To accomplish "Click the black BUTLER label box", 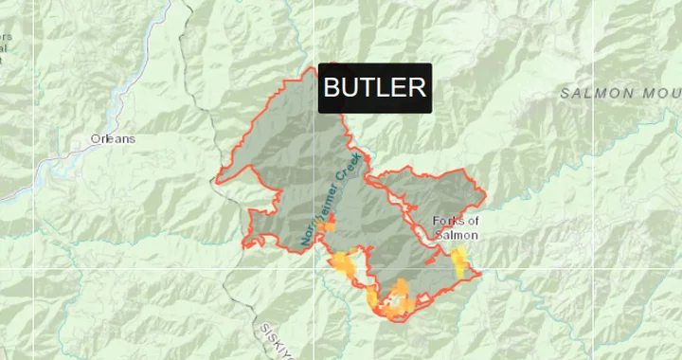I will [x=375, y=88].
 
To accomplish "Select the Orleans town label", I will [x=113, y=138].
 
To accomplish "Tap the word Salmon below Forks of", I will [x=458, y=234].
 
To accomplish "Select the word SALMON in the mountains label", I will [x=596, y=93].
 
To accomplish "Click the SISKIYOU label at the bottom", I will [x=274, y=341].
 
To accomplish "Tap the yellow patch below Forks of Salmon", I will [x=460, y=262].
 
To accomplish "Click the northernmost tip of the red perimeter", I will [x=314, y=68].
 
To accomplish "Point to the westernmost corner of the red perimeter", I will [x=218, y=180].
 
